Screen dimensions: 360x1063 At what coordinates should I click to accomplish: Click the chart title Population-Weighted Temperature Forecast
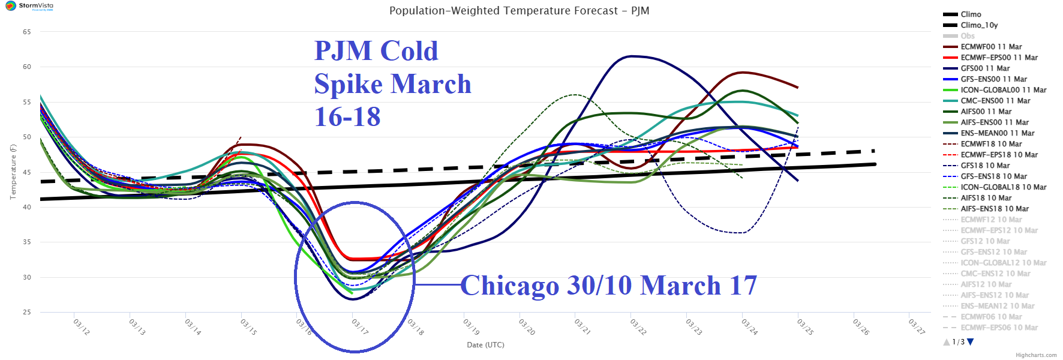click(519, 11)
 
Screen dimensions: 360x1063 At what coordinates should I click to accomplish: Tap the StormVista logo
click(29, 6)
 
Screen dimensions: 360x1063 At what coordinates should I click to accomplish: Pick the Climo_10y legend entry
click(979, 25)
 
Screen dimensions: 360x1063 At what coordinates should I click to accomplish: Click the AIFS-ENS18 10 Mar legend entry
click(995, 209)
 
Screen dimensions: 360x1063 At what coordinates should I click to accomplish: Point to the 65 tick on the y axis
click(27, 32)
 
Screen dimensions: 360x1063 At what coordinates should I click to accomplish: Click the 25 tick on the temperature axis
click(27, 312)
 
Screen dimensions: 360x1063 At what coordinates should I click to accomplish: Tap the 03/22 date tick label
click(638, 327)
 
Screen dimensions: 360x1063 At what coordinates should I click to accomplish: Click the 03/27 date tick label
click(917, 327)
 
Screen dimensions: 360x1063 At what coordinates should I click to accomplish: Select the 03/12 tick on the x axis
click(82, 327)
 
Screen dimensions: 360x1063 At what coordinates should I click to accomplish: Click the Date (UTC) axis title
click(485, 345)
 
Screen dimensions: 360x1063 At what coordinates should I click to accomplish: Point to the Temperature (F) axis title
click(13, 172)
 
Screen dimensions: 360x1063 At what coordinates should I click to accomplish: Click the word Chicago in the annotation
click(509, 286)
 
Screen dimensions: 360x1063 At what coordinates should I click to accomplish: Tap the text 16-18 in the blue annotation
click(347, 116)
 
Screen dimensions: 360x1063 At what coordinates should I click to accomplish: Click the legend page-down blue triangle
click(971, 342)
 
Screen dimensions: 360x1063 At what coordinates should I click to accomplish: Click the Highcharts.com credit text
click(1036, 355)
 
